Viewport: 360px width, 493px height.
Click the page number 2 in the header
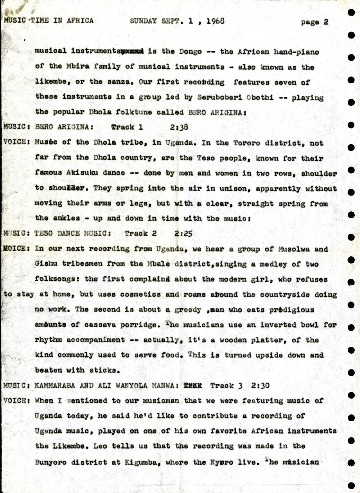tap(326, 22)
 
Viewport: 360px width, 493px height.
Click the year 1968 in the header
tap(215, 21)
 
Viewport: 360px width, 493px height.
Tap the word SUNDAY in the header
tap(143, 21)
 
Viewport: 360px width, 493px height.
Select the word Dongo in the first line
tap(191, 51)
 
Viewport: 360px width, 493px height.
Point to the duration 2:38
tap(179, 127)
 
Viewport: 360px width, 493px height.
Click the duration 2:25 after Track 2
tap(183, 234)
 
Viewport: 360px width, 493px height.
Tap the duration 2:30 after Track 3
tap(260, 385)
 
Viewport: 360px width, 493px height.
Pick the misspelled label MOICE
tap(14, 248)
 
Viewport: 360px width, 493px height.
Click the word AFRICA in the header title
tap(80, 20)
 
